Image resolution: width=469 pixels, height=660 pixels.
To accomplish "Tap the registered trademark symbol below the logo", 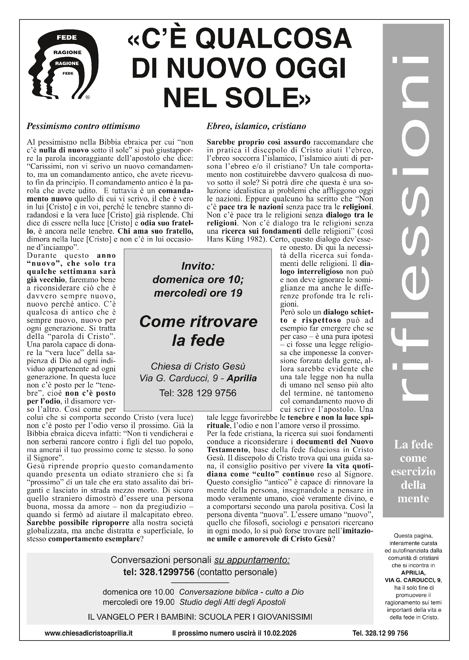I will coord(87,97).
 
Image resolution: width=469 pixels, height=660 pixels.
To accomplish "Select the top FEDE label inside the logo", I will coord(66,38).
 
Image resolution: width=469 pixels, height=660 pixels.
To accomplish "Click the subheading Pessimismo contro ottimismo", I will coord(83,126).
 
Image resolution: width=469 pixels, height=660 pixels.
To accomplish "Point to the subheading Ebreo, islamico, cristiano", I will coord(256,126).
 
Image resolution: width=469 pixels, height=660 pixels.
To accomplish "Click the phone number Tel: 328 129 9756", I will coord(198,393).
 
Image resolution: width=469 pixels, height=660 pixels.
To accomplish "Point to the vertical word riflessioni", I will coord(413,228).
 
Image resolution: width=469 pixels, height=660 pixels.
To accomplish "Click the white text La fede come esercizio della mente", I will coord(413,471).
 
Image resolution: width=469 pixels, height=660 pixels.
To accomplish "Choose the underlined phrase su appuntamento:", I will coord(252,560).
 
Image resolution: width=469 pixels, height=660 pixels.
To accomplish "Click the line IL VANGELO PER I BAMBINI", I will coord(200,617).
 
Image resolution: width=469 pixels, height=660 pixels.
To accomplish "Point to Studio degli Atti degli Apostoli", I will coord(233,602).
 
